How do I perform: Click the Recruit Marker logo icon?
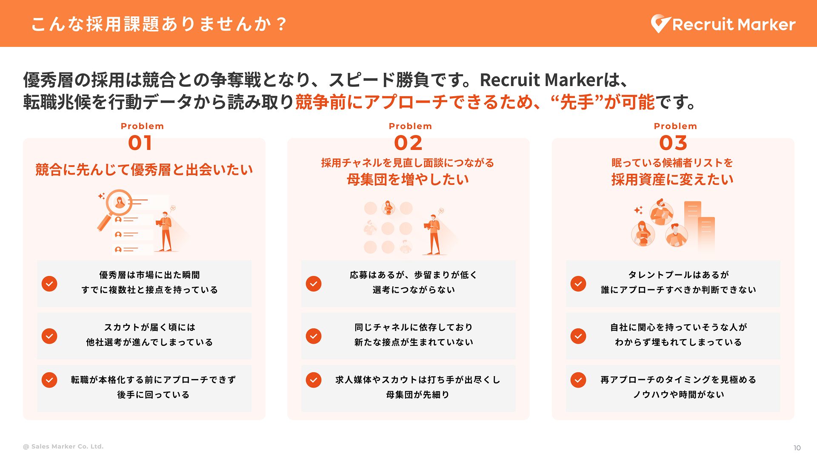[x=660, y=24]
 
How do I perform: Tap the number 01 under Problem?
[x=140, y=143]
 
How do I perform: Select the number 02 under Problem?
[x=408, y=143]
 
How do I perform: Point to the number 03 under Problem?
[x=673, y=143]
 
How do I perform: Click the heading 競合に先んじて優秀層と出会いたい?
[x=144, y=170]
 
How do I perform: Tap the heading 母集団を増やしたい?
[x=408, y=179]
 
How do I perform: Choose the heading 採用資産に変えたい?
[x=673, y=179]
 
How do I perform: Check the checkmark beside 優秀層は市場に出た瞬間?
[x=49, y=284]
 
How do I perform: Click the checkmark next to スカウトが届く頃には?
[x=49, y=336]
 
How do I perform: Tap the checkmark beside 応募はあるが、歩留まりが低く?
[x=314, y=284]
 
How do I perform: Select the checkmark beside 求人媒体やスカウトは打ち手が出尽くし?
[x=314, y=380]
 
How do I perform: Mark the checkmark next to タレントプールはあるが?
[x=578, y=284]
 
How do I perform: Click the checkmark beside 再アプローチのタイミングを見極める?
[x=578, y=380]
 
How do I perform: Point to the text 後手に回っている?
[x=153, y=395]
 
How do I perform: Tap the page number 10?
[x=797, y=448]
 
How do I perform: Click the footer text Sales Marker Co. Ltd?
[x=67, y=446]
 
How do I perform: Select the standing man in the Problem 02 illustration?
[x=433, y=234]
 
